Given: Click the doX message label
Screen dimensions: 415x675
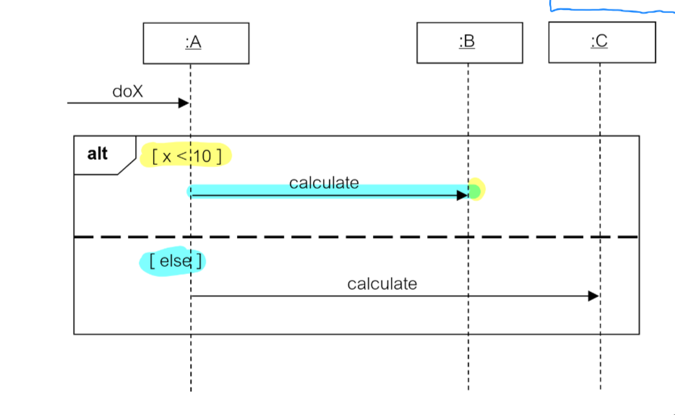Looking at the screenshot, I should point(128,92).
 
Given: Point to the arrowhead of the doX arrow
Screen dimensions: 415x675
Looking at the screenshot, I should point(184,103).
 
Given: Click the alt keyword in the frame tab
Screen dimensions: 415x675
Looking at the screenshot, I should point(98,153).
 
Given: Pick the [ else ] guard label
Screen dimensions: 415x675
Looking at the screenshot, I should point(173,261).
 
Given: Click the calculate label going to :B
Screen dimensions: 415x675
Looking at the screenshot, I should point(324,183).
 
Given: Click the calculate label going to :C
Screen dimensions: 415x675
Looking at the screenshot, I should point(382,283).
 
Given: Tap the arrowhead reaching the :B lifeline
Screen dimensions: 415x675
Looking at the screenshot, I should point(463,195).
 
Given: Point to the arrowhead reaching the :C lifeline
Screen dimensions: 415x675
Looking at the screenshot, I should point(593,296).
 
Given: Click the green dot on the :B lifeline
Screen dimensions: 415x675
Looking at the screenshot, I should point(474,191).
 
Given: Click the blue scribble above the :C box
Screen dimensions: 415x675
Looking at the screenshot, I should point(614,10).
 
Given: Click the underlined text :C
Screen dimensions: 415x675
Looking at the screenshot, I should point(599,42).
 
